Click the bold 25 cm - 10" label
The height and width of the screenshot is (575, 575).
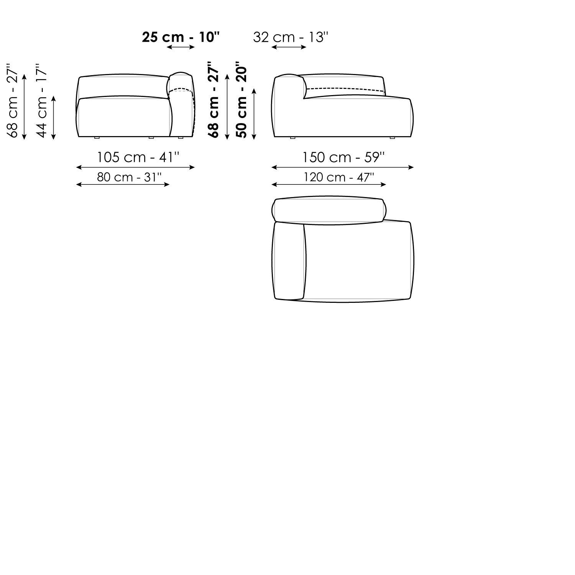pos(181,37)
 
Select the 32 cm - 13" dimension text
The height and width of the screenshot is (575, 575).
pos(291,37)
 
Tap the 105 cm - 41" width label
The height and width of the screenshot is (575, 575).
pos(138,157)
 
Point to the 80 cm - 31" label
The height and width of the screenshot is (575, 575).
pos(129,177)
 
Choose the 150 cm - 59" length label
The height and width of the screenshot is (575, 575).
pos(343,157)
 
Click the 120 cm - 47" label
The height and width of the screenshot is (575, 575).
pos(338,177)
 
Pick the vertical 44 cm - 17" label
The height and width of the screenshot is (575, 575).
pos(41,100)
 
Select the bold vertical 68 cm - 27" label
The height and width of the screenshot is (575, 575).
pos(213,100)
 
